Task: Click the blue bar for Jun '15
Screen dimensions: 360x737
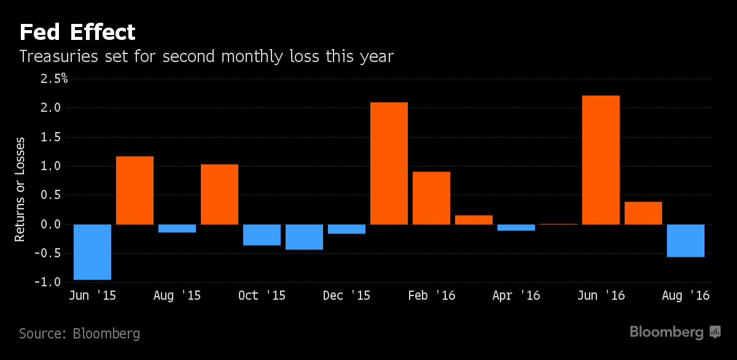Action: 92,252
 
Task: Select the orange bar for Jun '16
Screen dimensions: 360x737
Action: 601,160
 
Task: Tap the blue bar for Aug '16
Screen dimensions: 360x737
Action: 685,240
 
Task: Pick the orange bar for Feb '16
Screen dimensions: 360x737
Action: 431,198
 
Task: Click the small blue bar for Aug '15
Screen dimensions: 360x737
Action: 177,229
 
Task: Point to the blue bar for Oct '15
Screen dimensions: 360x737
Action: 262,235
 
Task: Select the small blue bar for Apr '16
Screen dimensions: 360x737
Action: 516,227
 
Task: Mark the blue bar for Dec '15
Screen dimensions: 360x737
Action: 346,229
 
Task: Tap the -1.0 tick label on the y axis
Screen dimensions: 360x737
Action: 52,283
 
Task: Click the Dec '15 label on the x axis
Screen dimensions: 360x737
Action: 346,295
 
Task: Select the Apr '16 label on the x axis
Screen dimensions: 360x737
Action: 516,295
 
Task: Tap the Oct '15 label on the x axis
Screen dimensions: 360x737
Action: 262,295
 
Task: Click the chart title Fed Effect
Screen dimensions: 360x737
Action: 77,32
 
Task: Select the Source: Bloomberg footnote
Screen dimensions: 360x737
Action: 79,334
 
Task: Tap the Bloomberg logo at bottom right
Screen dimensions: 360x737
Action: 674,332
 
